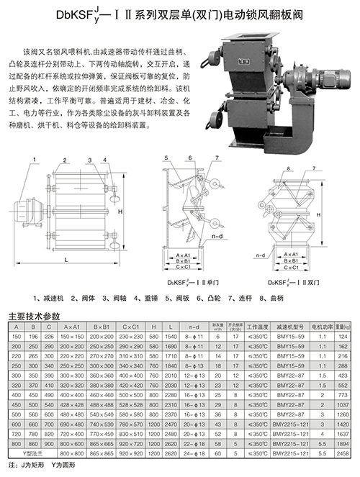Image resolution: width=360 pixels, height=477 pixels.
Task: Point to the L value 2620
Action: point(171,455)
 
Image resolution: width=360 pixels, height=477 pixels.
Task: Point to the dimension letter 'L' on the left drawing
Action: point(66,258)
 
